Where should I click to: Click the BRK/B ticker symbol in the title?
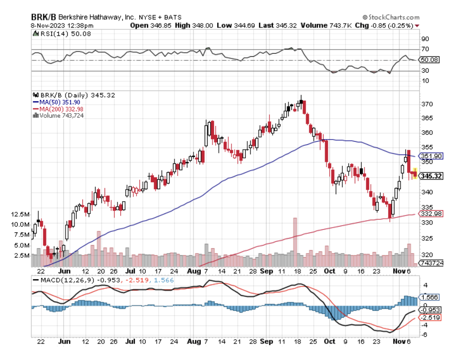pyautogui.click(x=43, y=17)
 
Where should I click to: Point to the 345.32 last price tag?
pyautogui.click(x=431, y=176)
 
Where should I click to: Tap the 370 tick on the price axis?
pyautogui.click(x=427, y=104)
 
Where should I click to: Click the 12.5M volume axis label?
pyautogui.click(x=20, y=214)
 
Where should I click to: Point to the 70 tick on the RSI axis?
pyautogui.click(x=425, y=49)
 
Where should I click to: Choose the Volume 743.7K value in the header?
pyautogui.click(x=326, y=25)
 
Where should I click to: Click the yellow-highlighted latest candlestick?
pyautogui.click(x=415, y=173)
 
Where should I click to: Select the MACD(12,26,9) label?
pyautogui.click(x=63, y=280)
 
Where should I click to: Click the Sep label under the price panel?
pyautogui.click(x=266, y=271)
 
